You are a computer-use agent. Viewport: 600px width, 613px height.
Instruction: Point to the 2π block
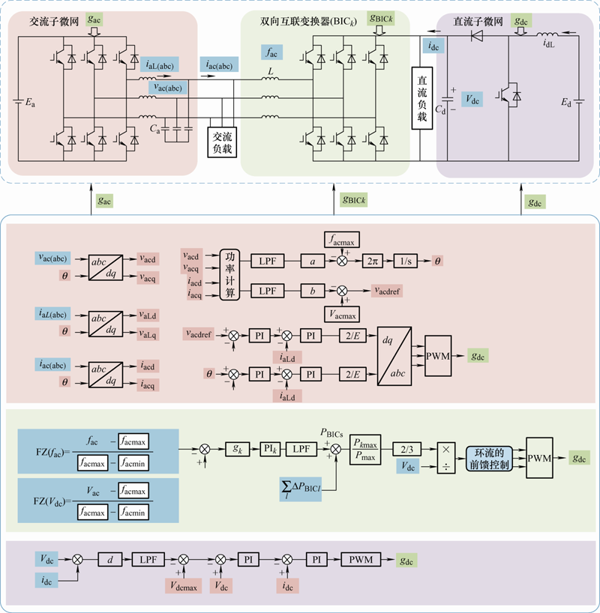click(373, 261)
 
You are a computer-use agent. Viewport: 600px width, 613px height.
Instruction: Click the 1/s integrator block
click(406, 261)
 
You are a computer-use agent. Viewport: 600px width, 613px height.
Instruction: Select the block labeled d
click(109, 560)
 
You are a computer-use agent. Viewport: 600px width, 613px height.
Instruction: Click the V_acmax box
click(340, 311)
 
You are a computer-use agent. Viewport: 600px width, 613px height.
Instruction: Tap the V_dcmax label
click(183, 582)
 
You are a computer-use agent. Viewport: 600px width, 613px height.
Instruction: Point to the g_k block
click(238, 448)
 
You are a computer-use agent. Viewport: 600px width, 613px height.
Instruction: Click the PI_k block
click(271, 448)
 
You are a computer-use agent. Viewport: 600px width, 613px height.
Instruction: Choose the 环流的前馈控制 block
click(490, 458)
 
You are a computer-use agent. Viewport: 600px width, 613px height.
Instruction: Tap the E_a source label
click(31, 103)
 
